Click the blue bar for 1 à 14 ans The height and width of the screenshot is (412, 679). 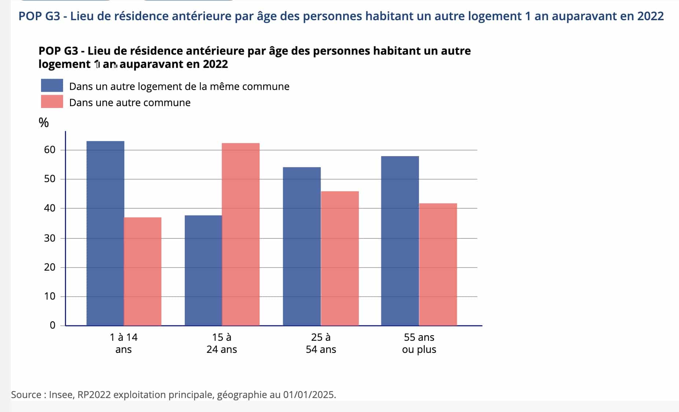coord(105,233)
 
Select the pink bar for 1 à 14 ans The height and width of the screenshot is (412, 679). coord(143,271)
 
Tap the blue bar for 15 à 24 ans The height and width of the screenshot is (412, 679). coord(203,270)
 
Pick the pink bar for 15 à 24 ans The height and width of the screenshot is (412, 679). coord(241,234)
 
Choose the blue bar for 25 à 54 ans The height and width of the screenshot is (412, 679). coord(302,246)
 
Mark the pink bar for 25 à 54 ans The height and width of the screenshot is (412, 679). coord(339,258)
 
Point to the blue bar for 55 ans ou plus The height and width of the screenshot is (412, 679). coord(400,241)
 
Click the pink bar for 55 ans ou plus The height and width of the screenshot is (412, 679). coord(438,264)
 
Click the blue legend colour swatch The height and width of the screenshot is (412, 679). coord(52,86)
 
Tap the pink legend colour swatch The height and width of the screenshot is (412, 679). coord(52,102)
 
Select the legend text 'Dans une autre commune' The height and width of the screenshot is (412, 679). coord(130,102)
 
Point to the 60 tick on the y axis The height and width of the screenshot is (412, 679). coord(50,150)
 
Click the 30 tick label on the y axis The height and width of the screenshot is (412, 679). coord(50,238)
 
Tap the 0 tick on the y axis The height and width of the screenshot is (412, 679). coord(53,325)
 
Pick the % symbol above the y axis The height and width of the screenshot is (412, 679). coord(44,123)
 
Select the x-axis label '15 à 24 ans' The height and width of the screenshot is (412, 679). coord(221,343)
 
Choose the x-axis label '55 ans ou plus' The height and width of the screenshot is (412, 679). coord(419,343)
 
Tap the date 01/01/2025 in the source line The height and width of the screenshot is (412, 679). coord(309,395)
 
